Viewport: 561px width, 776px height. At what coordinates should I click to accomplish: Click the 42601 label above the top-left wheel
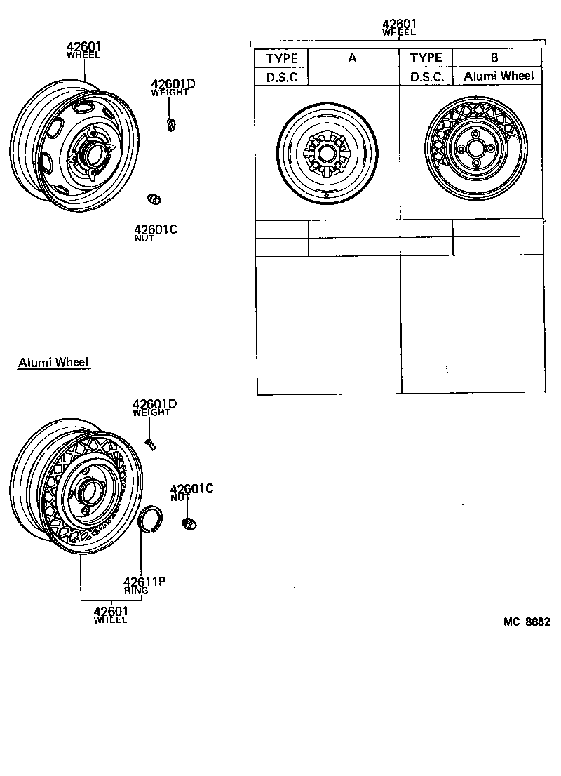(83, 47)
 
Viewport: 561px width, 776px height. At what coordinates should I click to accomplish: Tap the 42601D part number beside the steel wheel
(173, 85)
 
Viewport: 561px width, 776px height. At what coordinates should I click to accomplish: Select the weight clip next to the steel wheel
(170, 124)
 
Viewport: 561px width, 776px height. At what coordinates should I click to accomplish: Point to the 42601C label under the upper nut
(155, 229)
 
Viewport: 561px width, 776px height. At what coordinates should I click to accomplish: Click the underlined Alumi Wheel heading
(53, 362)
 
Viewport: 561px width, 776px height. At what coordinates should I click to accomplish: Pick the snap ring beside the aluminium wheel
(149, 519)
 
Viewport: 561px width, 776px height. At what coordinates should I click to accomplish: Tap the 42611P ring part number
(144, 581)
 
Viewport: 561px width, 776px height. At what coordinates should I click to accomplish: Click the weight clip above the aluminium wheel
(150, 442)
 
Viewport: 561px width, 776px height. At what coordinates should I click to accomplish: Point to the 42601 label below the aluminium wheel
(111, 612)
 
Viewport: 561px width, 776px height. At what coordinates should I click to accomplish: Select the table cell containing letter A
(353, 58)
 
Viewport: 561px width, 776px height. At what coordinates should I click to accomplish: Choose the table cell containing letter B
(496, 58)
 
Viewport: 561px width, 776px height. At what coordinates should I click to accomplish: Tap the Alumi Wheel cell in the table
(498, 76)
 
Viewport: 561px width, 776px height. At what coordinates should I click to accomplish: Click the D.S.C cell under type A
(281, 77)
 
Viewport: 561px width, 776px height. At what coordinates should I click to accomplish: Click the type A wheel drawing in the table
(327, 156)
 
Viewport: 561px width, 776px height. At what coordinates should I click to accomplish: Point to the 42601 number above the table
(398, 23)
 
